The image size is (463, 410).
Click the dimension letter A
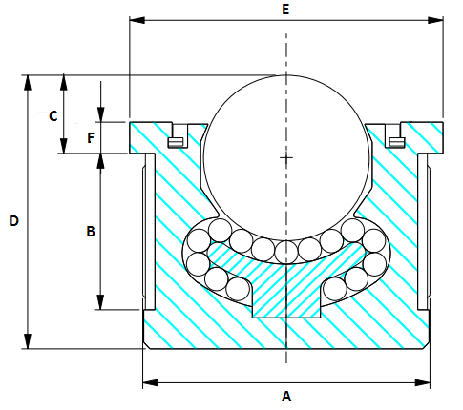[x=285, y=395]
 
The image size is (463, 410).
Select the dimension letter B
[x=90, y=232]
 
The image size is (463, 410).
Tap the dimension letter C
[x=53, y=115]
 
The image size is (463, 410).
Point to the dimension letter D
[x=13, y=220]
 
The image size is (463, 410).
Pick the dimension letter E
[x=285, y=8]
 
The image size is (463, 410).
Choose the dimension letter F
[x=90, y=137]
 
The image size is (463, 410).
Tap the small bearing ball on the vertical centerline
[x=285, y=251]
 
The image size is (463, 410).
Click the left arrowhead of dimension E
[x=135, y=19]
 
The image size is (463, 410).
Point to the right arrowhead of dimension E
[x=438, y=19]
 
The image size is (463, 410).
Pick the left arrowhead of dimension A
[x=148, y=383]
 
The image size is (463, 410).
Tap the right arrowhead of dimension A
[x=425, y=383]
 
